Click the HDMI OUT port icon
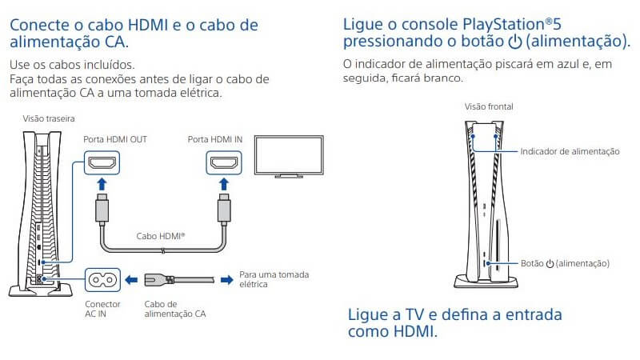click(102, 163)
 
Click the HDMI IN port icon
click(224, 163)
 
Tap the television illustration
click(289, 157)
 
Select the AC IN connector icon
click(102, 280)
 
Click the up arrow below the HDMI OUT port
click(102, 185)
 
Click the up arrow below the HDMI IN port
click(224, 185)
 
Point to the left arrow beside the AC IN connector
click(131, 280)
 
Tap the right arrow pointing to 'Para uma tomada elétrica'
click(227, 280)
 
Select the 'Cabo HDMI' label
click(161, 236)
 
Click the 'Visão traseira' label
click(49, 118)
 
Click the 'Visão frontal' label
click(489, 106)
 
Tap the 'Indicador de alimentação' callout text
click(570, 151)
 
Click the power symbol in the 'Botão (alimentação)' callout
click(550, 264)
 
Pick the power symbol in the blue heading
click(515, 42)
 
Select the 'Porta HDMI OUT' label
click(115, 139)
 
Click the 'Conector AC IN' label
click(102, 309)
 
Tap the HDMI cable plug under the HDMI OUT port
click(102, 209)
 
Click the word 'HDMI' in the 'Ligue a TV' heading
click(413, 331)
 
